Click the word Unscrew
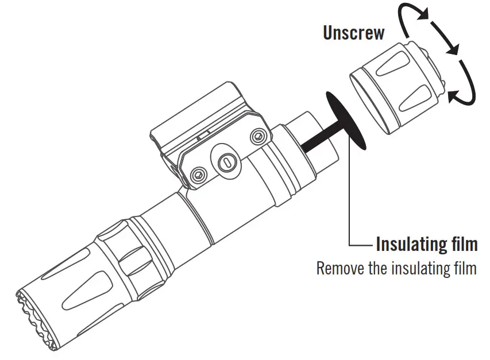click(x=353, y=33)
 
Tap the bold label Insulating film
click(x=426, y=245)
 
